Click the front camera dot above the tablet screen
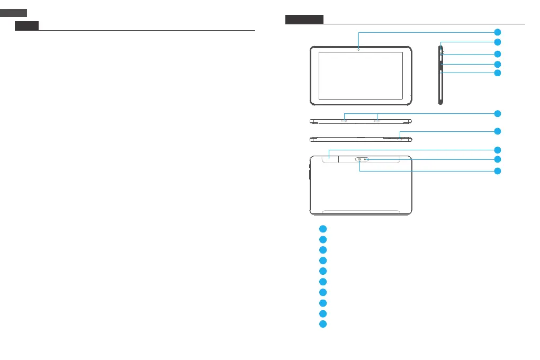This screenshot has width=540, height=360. [x=358, y=49]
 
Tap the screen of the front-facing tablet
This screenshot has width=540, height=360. [x=361, y=75]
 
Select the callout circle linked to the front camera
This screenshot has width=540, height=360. [x=497, y=32]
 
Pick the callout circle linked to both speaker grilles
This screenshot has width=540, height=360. [x=497, y=113]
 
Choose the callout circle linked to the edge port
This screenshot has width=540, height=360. [x=497, y=131]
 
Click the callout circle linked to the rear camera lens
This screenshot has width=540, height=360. [x=497, y=171]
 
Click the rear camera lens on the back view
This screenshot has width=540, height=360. [x=360, y=159]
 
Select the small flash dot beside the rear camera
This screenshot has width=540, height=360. [x=366, y=159]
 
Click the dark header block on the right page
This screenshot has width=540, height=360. [x=304, y=20]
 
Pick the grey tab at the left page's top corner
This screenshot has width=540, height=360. [x=13, y=12]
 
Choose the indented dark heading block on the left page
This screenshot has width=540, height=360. [x=26, y=26]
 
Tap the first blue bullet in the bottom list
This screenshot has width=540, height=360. [x=322, y=229]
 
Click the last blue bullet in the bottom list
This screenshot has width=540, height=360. [x=322, y=323]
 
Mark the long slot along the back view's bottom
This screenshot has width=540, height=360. [x=361, y=211]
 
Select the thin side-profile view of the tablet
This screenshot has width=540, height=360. [x=440, y=74]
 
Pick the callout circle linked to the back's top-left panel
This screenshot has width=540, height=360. [x=497, y=150]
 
